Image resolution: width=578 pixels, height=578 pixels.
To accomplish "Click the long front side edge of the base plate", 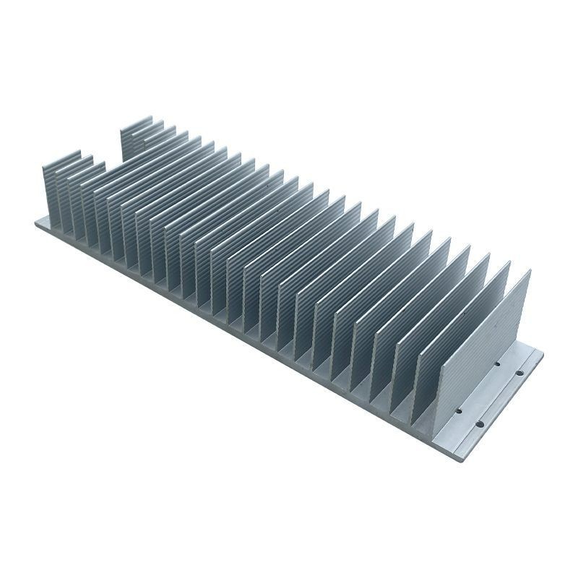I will coord(238,340).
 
